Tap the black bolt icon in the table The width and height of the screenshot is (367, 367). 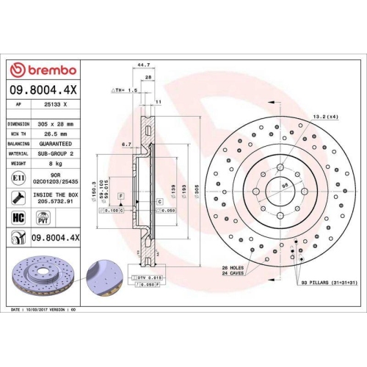point(18,197)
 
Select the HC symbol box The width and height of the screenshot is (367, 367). point(18,217)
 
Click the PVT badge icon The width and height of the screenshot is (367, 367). point(43,217)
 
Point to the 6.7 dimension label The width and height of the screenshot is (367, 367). point(126,145)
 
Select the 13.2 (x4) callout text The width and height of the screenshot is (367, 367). point(325,116)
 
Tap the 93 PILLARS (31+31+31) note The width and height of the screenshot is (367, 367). point(328,283)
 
